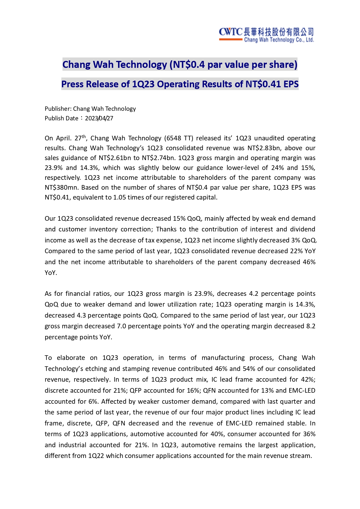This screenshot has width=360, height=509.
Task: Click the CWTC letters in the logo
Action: pyautogui.click(x=231, y=32)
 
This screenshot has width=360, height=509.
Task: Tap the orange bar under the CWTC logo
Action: pyautogui.click(x=231, y=39)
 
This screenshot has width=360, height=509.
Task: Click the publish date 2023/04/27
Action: pyautogui.click(x=99, y=118)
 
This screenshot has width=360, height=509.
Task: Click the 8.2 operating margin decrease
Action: pyautogui.click(x=311, y=326)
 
